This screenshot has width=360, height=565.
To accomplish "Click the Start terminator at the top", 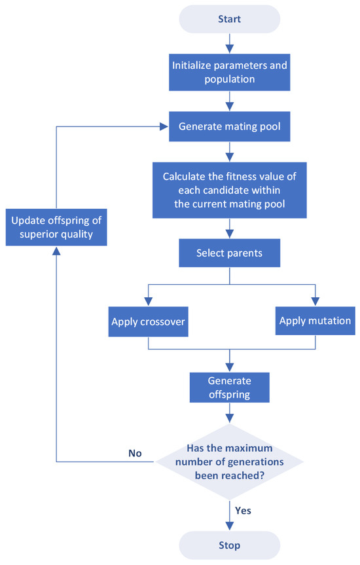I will (230, 20).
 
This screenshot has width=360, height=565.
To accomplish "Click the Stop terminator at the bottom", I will (230, 545).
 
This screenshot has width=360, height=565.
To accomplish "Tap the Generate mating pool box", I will (230, 127).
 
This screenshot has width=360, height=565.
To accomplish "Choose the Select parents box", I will (230, 252).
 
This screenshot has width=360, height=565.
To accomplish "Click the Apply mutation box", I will (315, 321).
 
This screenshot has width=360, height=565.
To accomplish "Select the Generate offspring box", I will (230, 388).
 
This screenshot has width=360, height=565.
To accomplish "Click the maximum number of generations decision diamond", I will (230, 461).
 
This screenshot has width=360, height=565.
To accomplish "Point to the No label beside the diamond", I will (135, 452).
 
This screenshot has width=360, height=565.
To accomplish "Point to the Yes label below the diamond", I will (243, 509).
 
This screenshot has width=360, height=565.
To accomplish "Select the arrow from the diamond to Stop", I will (230, 515).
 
